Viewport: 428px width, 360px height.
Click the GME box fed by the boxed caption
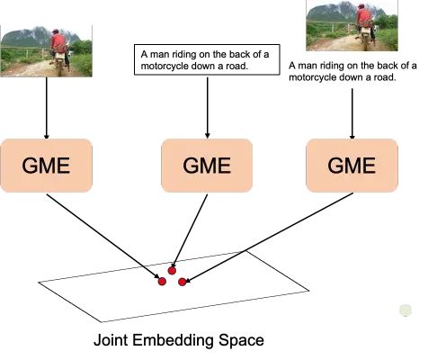(207, 166)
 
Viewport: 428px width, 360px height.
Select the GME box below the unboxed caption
(352, 166)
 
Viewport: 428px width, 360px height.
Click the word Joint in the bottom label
(113, 342)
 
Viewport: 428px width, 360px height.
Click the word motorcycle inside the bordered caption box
(169, 65)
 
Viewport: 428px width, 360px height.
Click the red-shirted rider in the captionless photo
(58, 47)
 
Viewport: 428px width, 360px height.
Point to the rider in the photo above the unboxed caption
(364, 20)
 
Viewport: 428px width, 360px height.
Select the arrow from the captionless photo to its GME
(45, 106)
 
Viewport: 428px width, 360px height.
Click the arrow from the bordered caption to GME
(207, 106)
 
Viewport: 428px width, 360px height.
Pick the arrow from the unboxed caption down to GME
(352, 112)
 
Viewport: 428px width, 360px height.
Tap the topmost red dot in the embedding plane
(172, 270)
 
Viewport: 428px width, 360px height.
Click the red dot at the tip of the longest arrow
(183, 282)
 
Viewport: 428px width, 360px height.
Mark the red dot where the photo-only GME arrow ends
(162, 281)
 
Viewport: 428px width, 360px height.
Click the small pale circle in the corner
(406, 311)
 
